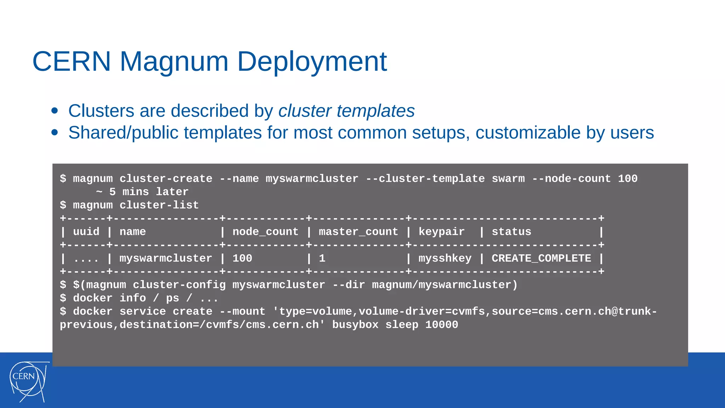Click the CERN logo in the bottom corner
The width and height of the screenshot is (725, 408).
point(28,381)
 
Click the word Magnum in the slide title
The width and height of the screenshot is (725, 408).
point(174,61)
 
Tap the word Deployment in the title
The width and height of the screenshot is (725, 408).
point(312,61)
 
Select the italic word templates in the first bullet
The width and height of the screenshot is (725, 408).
point(376,111)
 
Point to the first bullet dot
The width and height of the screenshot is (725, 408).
point(55,110)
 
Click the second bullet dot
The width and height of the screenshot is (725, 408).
point(55,132)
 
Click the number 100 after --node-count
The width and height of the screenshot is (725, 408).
point(628,178)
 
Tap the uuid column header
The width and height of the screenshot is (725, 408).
point(86,232)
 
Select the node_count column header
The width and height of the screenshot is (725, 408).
point(265,232)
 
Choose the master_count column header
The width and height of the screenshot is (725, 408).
point(358,232)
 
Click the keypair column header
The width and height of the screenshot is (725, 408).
point(441,232)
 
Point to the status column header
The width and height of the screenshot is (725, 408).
point(511,232)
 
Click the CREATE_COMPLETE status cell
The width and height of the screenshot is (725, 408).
point(541,258)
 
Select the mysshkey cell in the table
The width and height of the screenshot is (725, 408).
point(445,258)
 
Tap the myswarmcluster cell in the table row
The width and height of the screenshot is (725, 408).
point(166,258)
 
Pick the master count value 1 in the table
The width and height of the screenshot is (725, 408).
point(322,258)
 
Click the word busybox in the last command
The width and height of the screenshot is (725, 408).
point(355,324)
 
